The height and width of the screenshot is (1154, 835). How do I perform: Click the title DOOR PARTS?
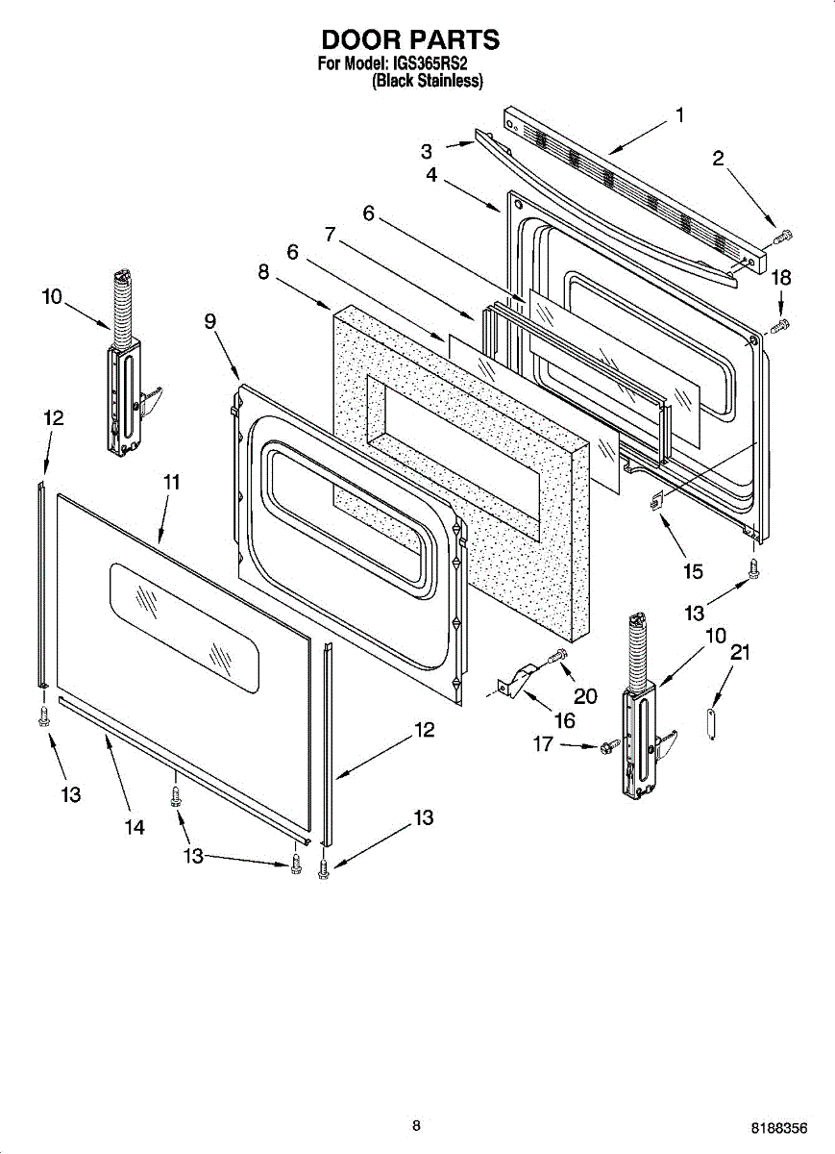pos(410,40)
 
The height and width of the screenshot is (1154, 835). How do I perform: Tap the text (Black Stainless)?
pos(427,82)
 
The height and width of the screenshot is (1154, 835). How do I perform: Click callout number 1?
pos(680,115)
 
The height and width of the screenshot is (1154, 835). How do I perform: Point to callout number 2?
pos(718,159)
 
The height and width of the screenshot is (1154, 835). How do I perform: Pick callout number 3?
pos(427,151)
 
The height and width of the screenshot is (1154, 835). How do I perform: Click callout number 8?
pos(262,272)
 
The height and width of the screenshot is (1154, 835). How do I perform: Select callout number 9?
pos(209,322)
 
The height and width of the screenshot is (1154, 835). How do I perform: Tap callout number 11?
pos(171,482)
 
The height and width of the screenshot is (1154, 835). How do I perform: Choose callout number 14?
pos(135,827)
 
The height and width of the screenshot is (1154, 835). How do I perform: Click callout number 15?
pos(693,571)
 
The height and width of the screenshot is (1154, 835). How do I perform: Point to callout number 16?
pos(564,720)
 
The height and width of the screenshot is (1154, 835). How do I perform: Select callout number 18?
pos(782,279)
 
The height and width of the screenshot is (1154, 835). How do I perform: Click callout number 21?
pos(739,654)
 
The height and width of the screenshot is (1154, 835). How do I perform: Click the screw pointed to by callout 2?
pos(783,234)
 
